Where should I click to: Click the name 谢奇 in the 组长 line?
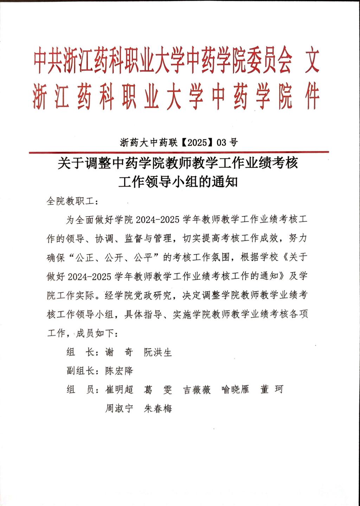click(x=119, y=352)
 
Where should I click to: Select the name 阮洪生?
click(x=158, y=352)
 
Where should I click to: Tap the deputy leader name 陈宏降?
click(x=119, y=371)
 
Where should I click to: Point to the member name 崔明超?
click(x=119, y=389)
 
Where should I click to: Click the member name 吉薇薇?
click(x=197, y=389)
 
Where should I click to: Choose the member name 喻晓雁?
click(x=235, y=389)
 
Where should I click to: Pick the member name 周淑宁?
click(x=119, y=408)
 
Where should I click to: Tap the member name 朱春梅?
click(x=158, y=408)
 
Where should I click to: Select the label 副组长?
click(x=81, y=371)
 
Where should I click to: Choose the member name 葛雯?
click(x=158, y=389)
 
